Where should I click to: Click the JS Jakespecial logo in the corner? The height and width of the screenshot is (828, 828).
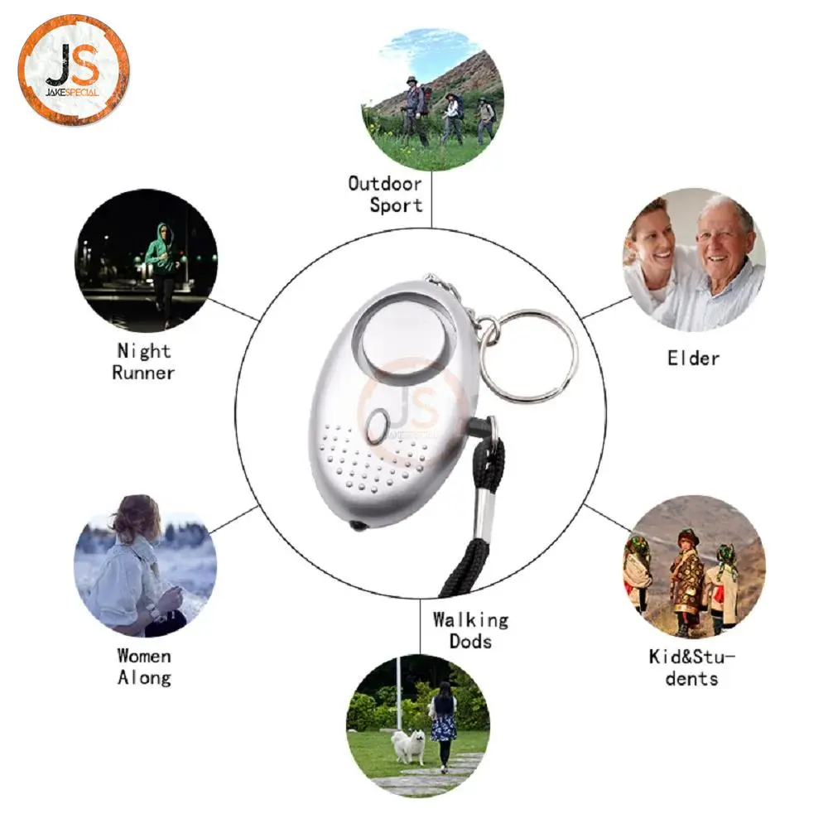pyautogui.click(x=74, y=70)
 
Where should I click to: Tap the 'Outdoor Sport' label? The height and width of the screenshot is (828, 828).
pyautogui.click(x=386, y=195)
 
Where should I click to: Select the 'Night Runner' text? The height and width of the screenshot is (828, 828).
pyautogui.click(x=143, y=362)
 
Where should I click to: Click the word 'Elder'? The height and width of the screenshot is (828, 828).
pyautogui.click(x=693, y=359)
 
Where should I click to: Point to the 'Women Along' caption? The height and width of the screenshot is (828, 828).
pyautogui.click(x=144, y=667)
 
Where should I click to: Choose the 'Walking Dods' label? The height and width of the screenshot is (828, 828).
pyautogui.click(x=470, y=630)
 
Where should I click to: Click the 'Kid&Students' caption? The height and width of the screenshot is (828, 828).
pyautogui.click(x=691, y=668)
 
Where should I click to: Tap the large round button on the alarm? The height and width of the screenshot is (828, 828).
pyautogui.click(x=402, y=337)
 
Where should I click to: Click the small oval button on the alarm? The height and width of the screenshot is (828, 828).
pyautogui.click(x=377, y=426)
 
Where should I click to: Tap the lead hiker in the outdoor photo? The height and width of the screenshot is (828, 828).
pyautogui.click(x=415, y=111)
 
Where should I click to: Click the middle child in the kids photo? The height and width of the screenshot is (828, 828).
pyautogui.click(x=687, y=581)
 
